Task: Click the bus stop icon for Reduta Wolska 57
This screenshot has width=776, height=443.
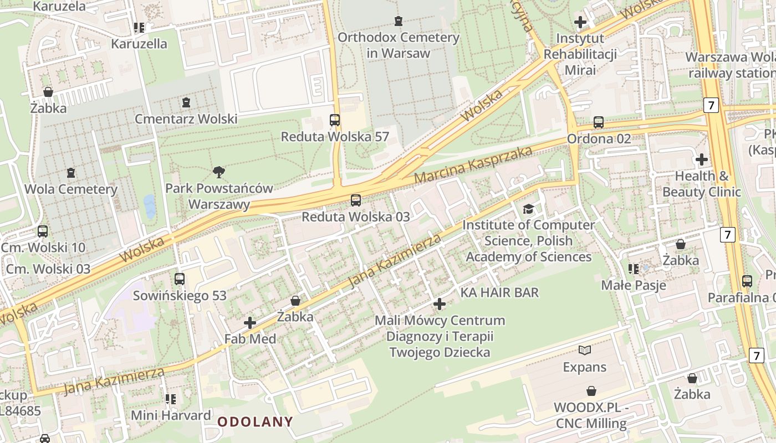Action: coord(335,120)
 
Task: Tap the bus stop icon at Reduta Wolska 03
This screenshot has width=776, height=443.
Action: coord(356,200)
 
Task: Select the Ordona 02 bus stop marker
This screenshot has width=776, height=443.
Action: coord(599,122)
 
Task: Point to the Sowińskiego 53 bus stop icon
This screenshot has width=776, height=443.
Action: coord(180,279)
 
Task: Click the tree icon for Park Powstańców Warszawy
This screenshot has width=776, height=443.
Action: coord(219,172)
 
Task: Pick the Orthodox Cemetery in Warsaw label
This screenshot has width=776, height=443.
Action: coord(398,45)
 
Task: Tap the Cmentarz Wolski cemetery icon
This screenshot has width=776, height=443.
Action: coord(186,102)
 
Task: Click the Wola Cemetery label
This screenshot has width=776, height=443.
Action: coord(71,189)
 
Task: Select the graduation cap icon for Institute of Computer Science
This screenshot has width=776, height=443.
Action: coord(528,209)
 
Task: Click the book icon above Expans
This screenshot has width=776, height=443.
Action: coord(585,350)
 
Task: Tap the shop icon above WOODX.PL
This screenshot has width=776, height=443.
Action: coord(591,391)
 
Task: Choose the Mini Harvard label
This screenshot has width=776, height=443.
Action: coord(171,415)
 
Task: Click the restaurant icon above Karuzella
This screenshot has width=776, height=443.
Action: coord(139,27)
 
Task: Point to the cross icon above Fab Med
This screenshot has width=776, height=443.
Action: coord(250,322)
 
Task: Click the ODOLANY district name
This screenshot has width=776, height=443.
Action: coord(255,422)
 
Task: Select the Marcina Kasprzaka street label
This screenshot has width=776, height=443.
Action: coord(473,165)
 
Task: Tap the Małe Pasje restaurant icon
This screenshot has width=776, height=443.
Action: coord(634,269)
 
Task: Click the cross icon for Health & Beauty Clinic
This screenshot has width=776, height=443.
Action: coord(702,159)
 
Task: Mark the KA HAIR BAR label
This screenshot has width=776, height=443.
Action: coord(499,292)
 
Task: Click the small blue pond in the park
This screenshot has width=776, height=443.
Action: coord(149,205)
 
